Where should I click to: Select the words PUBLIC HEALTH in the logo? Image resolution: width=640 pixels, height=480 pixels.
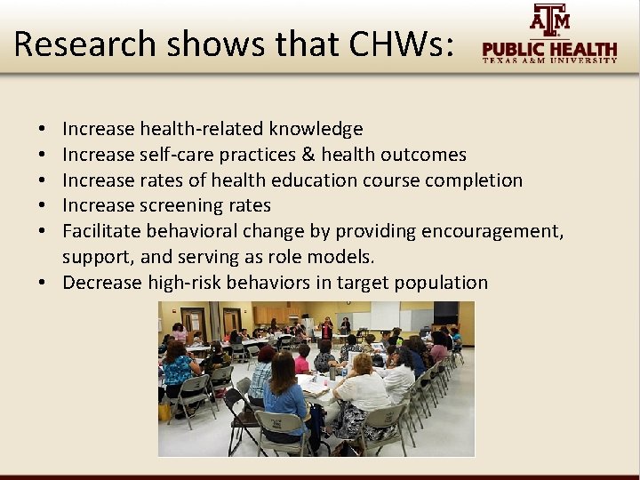pos(549,49)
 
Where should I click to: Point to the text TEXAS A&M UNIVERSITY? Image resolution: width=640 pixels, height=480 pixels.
pos(549,61)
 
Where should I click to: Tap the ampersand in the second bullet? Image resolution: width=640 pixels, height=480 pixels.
pos(308,155)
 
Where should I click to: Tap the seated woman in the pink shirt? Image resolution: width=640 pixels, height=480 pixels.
pos(302,361)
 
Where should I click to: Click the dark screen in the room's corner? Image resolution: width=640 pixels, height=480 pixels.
pos(445,312)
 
